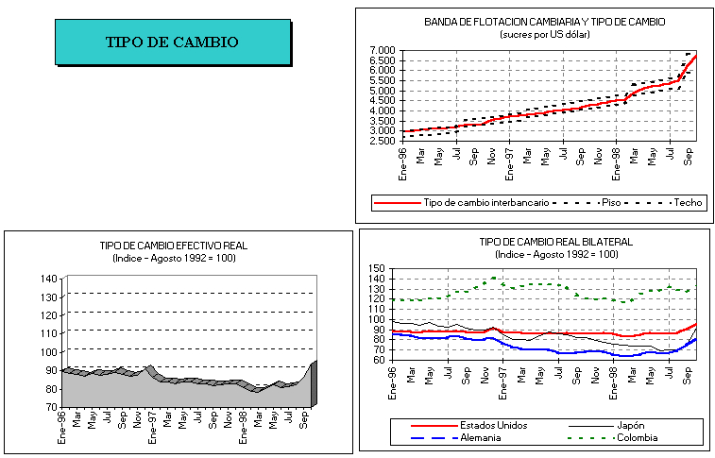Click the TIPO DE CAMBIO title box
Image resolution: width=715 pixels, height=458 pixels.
(172, 42)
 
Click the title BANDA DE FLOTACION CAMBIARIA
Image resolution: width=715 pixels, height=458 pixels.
(544, 22)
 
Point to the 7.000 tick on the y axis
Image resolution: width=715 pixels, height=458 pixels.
(383, 50)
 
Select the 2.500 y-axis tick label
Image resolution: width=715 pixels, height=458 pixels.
(383, 141)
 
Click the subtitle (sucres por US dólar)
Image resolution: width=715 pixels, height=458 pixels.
(544, 34)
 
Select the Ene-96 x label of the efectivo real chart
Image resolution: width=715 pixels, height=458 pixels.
(63, 425)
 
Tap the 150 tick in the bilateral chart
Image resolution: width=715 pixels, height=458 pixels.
(378, 269)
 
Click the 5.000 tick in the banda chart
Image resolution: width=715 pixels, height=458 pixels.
(383, 91)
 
